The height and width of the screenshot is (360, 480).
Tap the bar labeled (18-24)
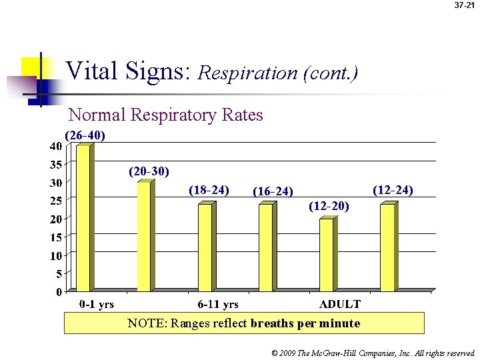pyautogui.click(x=205, y=247)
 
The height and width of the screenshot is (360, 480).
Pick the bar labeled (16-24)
pyautogui.click(x=266, y=247)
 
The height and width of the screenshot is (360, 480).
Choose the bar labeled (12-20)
pyautogui.click(x=327, y=255)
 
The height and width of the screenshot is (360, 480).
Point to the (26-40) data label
pyautogui.click(x=85, y=135)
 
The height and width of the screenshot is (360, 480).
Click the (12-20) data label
pyautogui.click(x=329, y=206)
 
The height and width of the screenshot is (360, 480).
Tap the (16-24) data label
pyautogui.click(x=273, y=192)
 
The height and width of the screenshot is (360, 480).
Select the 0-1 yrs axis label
pyautogui.click(x=97, y=304)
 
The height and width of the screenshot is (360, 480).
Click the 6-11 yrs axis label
pyautogui.click(x=218, y=304)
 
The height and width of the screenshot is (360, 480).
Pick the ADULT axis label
pyautogui.click(x=340, y=304)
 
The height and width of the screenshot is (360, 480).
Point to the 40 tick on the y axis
pyautogui.click(x=56, y=145)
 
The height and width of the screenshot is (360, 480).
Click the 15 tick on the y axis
pyautogui.click(x=56, y=237)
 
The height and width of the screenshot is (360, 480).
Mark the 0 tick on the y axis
pyautogui.click(x=59, y=291)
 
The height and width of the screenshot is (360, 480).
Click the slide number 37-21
pyautogui.click(x=464, y=5)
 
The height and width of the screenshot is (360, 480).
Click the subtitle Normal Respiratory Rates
pyautogui.click(x=166, y=115)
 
